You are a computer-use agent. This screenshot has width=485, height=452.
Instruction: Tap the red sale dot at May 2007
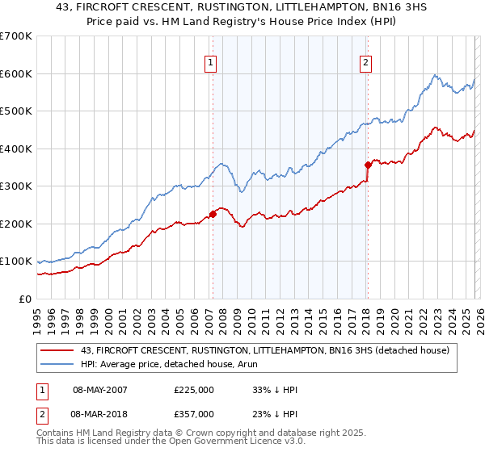[213, 214]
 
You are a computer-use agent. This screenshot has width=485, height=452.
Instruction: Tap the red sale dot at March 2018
[368, 165]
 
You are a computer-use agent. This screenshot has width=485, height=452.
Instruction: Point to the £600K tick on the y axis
[16, 73]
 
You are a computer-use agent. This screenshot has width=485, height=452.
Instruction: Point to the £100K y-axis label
[16, 262]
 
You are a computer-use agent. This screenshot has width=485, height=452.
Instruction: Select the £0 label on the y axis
[25, 299]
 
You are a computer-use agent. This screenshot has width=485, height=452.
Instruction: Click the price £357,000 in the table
[193, 413]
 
